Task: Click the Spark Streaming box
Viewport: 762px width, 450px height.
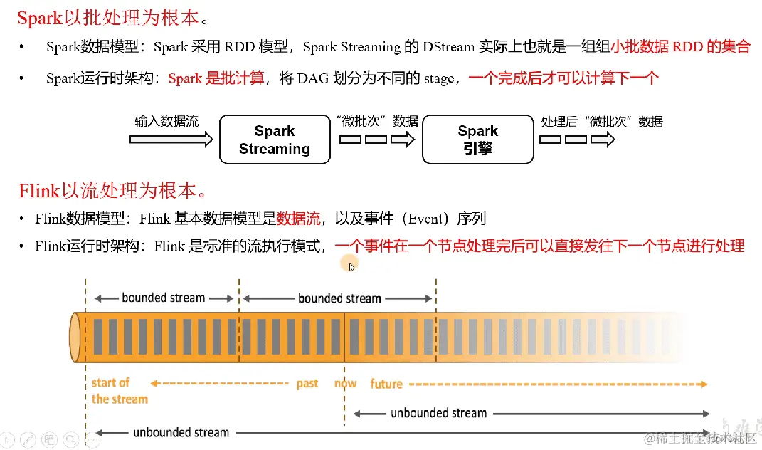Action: point(275,140)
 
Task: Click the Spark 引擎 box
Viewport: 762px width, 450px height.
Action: point(477,140)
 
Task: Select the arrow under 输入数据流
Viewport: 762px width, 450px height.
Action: point(171,140)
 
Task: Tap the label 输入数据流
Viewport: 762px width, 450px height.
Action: point(166,121)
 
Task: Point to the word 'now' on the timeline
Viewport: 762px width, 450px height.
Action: point(346,384)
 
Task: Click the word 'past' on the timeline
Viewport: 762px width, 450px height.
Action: point(307,384)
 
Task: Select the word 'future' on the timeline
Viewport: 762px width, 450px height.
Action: point(386,384)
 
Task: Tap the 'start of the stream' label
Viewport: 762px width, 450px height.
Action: point(119,391)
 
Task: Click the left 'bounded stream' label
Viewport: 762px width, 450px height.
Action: point(163,298)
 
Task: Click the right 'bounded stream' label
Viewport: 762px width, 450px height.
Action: point(339,298)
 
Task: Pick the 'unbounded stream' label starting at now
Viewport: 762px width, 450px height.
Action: point(438,413)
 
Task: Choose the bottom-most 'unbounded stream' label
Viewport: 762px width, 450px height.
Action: point(181,432)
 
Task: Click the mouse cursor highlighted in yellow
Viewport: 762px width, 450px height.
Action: point(349,265)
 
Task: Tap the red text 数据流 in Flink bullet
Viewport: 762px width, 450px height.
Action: point(298,218)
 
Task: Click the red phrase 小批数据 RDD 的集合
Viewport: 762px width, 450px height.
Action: point(680,47)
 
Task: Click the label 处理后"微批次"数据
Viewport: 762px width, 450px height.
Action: point(602,122)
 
